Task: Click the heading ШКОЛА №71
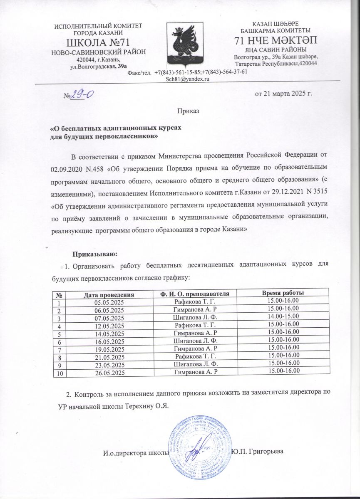point(98,42)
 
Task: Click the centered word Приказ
point(188,111)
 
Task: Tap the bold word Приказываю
point(96,254)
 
